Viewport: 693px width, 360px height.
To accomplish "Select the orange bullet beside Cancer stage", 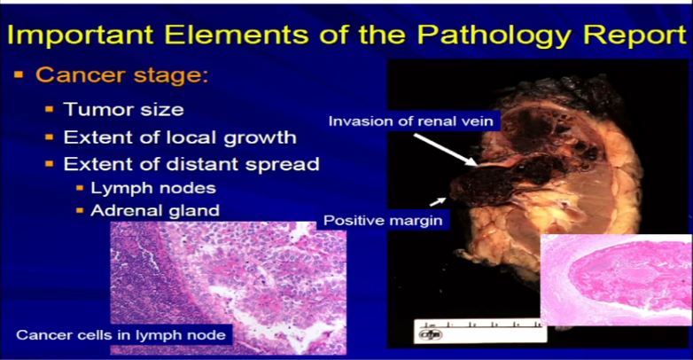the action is (19, 74).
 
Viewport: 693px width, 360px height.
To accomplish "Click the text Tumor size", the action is (124, 109).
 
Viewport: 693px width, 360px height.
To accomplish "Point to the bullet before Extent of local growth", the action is (50, 137).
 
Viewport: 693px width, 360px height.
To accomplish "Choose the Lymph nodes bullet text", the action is (153, 188).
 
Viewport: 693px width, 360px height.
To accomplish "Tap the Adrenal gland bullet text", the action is (155, 210).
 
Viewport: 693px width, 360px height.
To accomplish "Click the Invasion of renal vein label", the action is (410, 121).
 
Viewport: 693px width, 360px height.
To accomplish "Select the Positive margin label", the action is (383, 220).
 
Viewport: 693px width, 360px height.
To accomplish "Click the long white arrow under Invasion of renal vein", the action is (445, 150).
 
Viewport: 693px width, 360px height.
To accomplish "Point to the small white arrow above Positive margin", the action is (438, 201).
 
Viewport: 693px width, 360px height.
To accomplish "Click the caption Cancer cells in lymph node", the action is (121, 335).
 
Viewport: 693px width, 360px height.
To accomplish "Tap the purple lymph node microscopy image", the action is (228, 288).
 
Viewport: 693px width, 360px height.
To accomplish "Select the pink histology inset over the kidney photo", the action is (617, 280).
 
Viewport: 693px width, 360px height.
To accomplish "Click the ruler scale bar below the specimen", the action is (479, 331).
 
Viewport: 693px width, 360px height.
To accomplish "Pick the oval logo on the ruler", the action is (431, 335).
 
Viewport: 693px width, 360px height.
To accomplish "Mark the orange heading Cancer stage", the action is (121, 74).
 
